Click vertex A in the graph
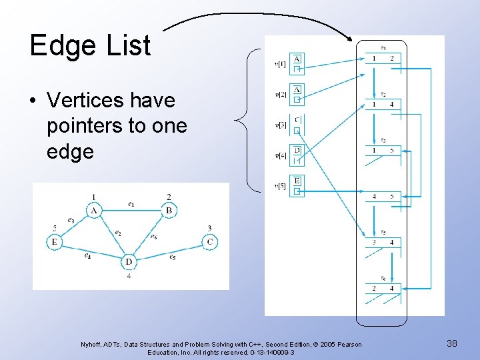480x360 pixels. pyautogui.click(x=94, y=211)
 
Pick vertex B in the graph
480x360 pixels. pyautogui.click(x=169, y=211)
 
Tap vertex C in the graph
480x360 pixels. pyautogui.click(x=209, y=241)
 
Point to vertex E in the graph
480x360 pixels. pyautogui.click(x=54, y=241)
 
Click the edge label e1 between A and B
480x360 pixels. pyautogui.click(x=131, y=203)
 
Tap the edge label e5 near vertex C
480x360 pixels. pyautogui.click(x=172, y=257)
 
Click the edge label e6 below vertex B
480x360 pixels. pyautogui.click(x=154, y=236)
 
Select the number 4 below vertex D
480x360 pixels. pyautogui.click(x=129, y=275)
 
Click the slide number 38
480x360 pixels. pyautogui.click(x=451, y=343)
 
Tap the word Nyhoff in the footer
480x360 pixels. pyautogui.click(x=91, y=344)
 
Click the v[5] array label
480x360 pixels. pyautogui.click(x=281, y=186)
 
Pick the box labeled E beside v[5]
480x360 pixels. pyautogui.click(x=297, y=181)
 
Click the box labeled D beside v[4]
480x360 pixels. pyautogui.click(x=297, y=150)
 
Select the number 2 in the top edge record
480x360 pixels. pyautogui.click(x=392, y=59)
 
